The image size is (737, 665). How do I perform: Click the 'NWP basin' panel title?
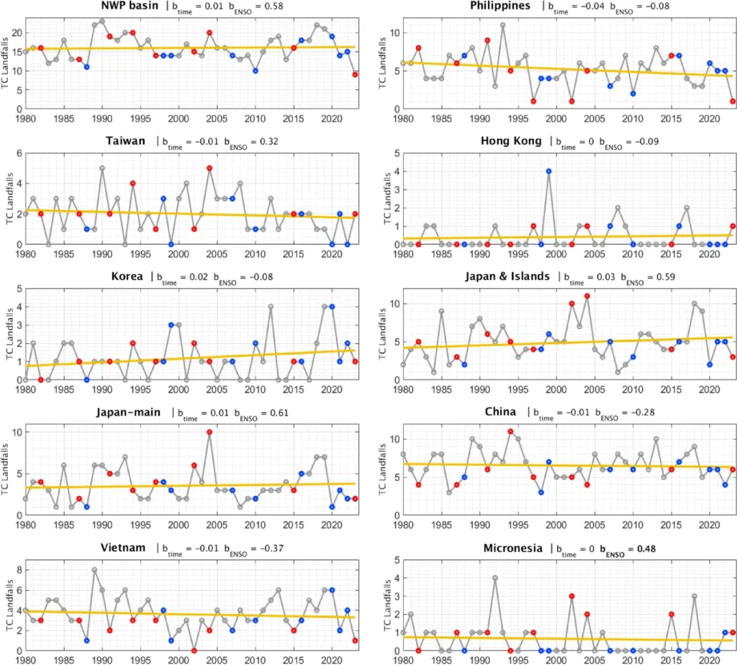click(x=130, y=6)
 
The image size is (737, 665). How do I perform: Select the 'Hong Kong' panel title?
click(x=511, y=141)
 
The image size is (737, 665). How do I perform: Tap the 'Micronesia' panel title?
click(x=512, y=548)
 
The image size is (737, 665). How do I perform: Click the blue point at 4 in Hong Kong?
click(x=548, y=171)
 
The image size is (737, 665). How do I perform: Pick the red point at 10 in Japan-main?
click(x=209, y=432)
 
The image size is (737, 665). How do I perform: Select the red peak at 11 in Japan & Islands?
click(x=587, y=296)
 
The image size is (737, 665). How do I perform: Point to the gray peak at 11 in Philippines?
click(x=503, y=25)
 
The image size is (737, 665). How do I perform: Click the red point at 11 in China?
click(x=510, y=431)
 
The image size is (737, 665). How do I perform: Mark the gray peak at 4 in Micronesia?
click(x=495, y=578)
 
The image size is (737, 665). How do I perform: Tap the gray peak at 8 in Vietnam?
click(x=94, y=570)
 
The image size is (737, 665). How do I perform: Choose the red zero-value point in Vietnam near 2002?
click(x=194, y=651)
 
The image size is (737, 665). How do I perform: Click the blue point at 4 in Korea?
click(x=332, y=307)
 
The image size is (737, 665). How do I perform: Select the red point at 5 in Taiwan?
click(x=209, y=168)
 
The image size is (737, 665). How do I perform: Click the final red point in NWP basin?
click(x=355, y=75)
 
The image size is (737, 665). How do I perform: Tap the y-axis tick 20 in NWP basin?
click(x=17, y=33)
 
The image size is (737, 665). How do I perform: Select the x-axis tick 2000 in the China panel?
click(x=556, y=525)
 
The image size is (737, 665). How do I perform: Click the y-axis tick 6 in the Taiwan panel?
click(x=19, y=153)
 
